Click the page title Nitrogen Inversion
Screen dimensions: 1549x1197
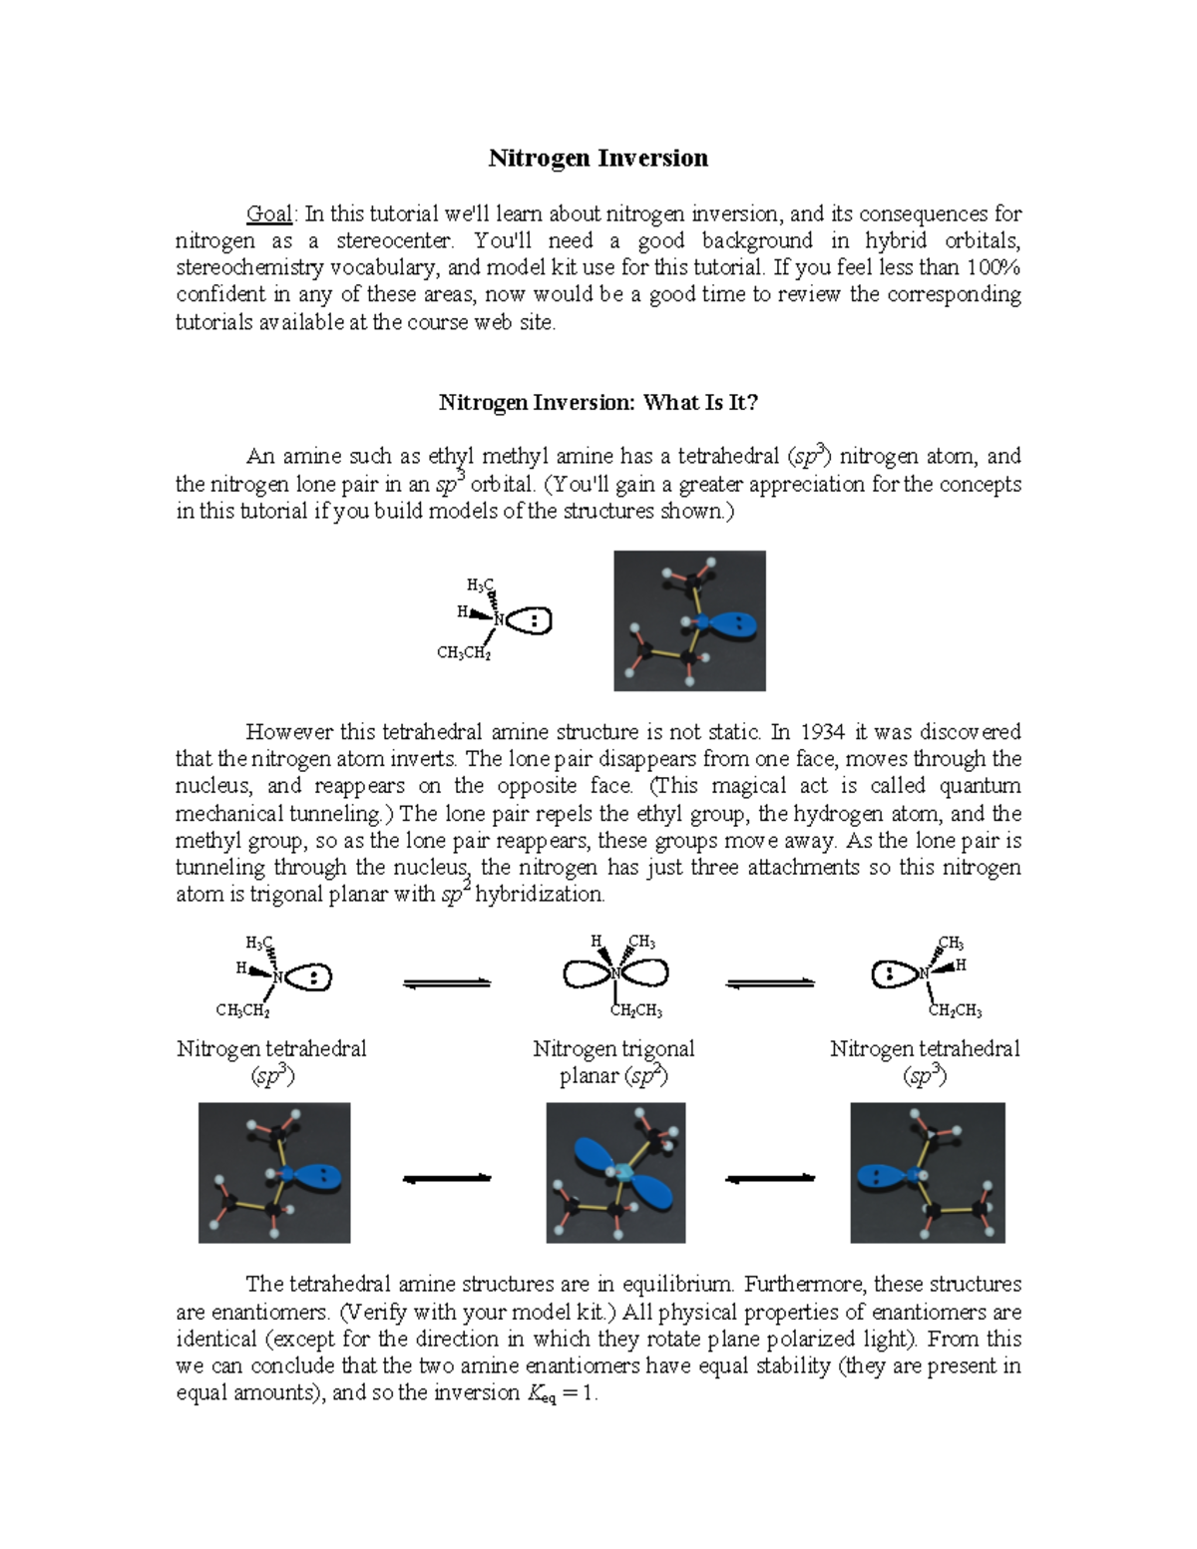(598, 159)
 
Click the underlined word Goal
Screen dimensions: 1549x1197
(268, 213)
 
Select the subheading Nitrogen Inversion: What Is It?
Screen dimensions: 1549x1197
(598, 403)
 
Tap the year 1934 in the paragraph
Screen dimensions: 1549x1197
(823, 732)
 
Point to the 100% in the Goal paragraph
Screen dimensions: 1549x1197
(994, 267)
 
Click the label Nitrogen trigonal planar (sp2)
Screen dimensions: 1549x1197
(613, 1062)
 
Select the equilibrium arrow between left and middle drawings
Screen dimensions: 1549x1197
(447, 983)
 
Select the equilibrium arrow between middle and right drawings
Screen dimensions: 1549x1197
(770, 983)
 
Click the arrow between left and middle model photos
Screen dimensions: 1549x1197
(447, 1179)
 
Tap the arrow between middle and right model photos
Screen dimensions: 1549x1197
(770, 1179)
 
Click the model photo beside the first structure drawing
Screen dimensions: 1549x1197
(689, 620)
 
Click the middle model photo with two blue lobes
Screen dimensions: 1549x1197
(615, 1173)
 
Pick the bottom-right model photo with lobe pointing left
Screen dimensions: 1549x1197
(928, 1173)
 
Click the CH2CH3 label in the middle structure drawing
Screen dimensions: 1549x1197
(636, 1011)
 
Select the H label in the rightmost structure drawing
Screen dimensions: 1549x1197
(961, 966)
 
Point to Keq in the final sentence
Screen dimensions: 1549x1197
(541, 1394)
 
